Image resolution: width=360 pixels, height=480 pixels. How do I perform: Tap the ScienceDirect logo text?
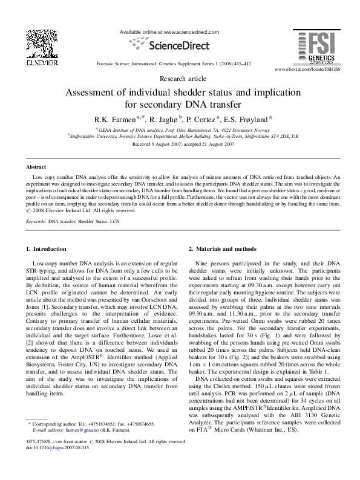point(179,44)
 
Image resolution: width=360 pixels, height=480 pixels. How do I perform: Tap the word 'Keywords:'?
point(36,222)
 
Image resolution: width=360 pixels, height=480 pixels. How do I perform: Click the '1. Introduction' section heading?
point(46,249)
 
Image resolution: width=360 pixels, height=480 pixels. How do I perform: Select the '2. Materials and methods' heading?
point(223,249)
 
